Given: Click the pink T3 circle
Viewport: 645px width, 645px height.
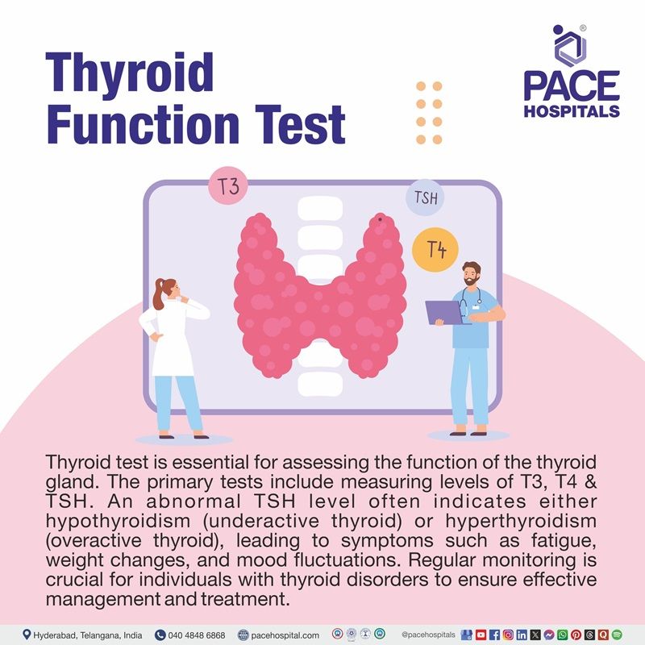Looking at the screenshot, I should pos(228,188).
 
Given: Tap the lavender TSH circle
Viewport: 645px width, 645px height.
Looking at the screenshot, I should pos(425,198).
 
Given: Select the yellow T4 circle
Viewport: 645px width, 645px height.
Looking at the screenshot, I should pos(435,250).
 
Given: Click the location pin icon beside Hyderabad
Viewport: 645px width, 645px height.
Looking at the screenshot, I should pos(27,635).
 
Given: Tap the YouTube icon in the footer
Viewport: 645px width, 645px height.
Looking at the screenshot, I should pos(481,635).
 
